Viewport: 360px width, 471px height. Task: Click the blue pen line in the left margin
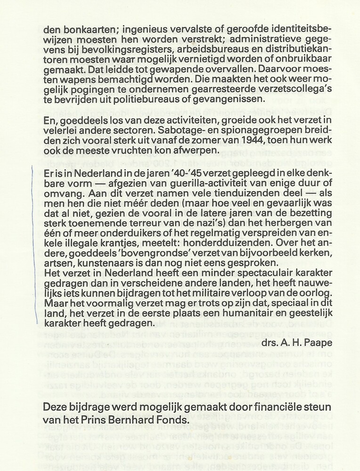[x=34, y=245]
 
